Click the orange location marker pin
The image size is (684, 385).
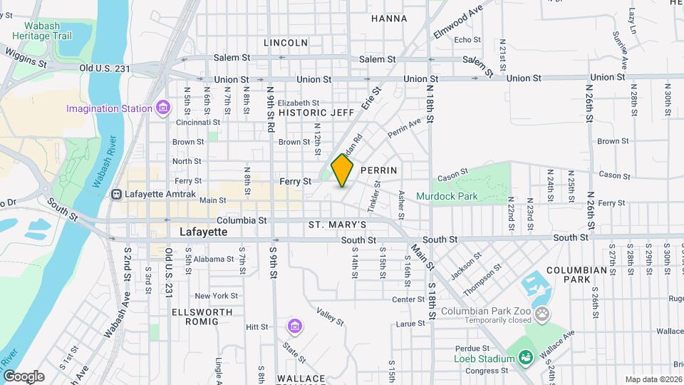[x=343, y=170]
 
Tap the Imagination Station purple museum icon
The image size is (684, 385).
[x=164, y=108]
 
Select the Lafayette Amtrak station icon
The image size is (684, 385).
[x=116, y=194]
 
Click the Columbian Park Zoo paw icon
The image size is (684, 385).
[x=543, y=312]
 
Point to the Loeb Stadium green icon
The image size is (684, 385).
[x=526, y=358]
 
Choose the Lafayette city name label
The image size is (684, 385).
[x=203, y=232]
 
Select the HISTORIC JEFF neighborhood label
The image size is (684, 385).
[x=316, y=113]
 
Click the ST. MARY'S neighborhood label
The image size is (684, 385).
[x=337, y=225]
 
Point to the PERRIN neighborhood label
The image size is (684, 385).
[x=378, y=171]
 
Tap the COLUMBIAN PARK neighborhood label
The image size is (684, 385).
[x=576, y=275]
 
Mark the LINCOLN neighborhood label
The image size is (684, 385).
[x=286, y=43]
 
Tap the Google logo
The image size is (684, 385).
[x=23, y=376]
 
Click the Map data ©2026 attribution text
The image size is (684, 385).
[x=653, y=379]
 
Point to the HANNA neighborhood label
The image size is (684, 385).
[x=389, y=19]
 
